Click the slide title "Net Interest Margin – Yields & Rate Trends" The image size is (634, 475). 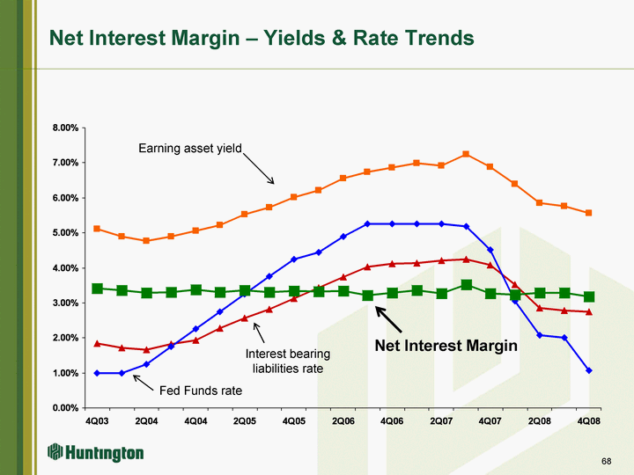tap(262, 39)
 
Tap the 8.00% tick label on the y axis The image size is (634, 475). tap(65, 128)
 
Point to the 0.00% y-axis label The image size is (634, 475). tap(65, 408)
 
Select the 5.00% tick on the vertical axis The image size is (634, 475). tap(65, 233)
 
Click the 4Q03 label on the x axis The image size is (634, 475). tap(97, 421)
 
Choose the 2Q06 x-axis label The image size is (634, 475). tap(343, 421)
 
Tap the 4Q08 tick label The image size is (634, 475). tap(589, 421)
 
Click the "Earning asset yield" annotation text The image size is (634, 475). tap(190, 149)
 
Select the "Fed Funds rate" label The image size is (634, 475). tap(201, 391)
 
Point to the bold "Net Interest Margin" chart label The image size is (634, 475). tap(446, 346)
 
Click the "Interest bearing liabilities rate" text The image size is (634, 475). tap(288, 362)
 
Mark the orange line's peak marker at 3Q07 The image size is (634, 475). tap(466, 154)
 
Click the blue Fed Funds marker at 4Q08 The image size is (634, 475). tap(589, 370)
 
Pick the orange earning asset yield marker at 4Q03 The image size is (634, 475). tap(97, 229)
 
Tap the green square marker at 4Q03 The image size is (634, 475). tap(97, 289)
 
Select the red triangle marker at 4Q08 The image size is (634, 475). tap(589, 311)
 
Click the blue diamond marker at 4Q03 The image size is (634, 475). tap(97, 373)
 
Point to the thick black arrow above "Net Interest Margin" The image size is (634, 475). tap(388, 319)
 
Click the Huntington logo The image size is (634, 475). tap(95, 452)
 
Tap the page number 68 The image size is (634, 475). tap(607, 461)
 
